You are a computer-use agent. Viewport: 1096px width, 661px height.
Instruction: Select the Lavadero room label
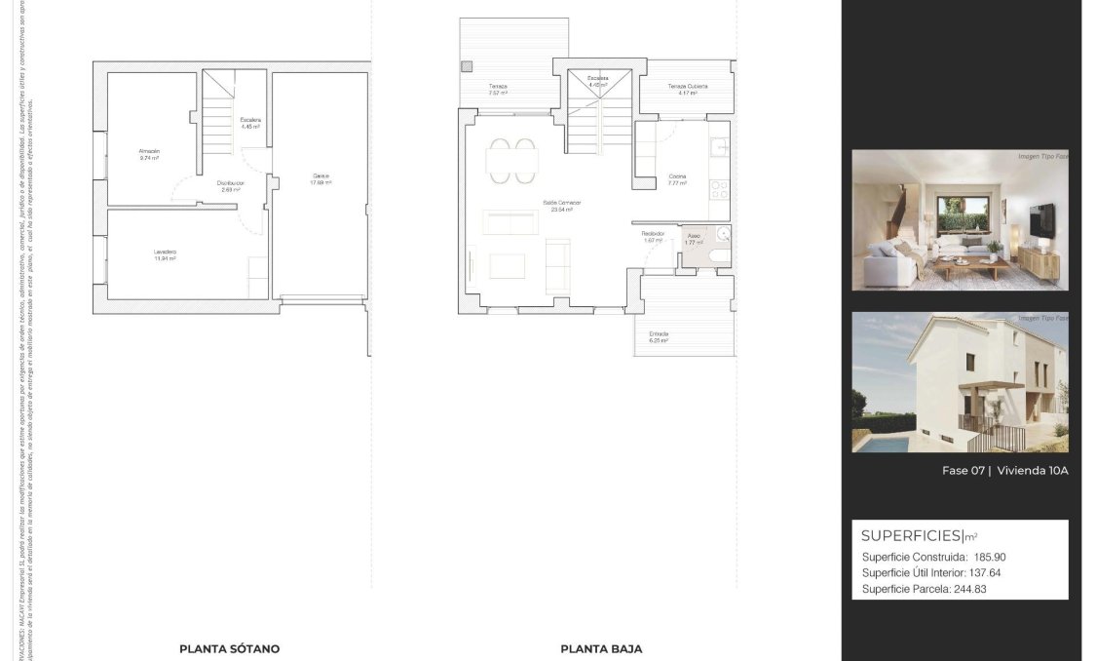tap(165, 254)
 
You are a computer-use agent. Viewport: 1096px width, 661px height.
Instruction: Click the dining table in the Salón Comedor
tap(511, 161)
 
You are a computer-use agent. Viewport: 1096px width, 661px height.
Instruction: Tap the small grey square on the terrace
tap(466, 66)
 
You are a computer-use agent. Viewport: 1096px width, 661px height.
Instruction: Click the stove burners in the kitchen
tap(718, 184)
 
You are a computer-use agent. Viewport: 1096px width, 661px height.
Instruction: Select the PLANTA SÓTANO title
tap(229, 648)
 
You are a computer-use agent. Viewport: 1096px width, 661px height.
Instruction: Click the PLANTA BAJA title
tap(601, 648)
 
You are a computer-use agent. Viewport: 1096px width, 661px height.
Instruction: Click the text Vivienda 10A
tap(1033, 471)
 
